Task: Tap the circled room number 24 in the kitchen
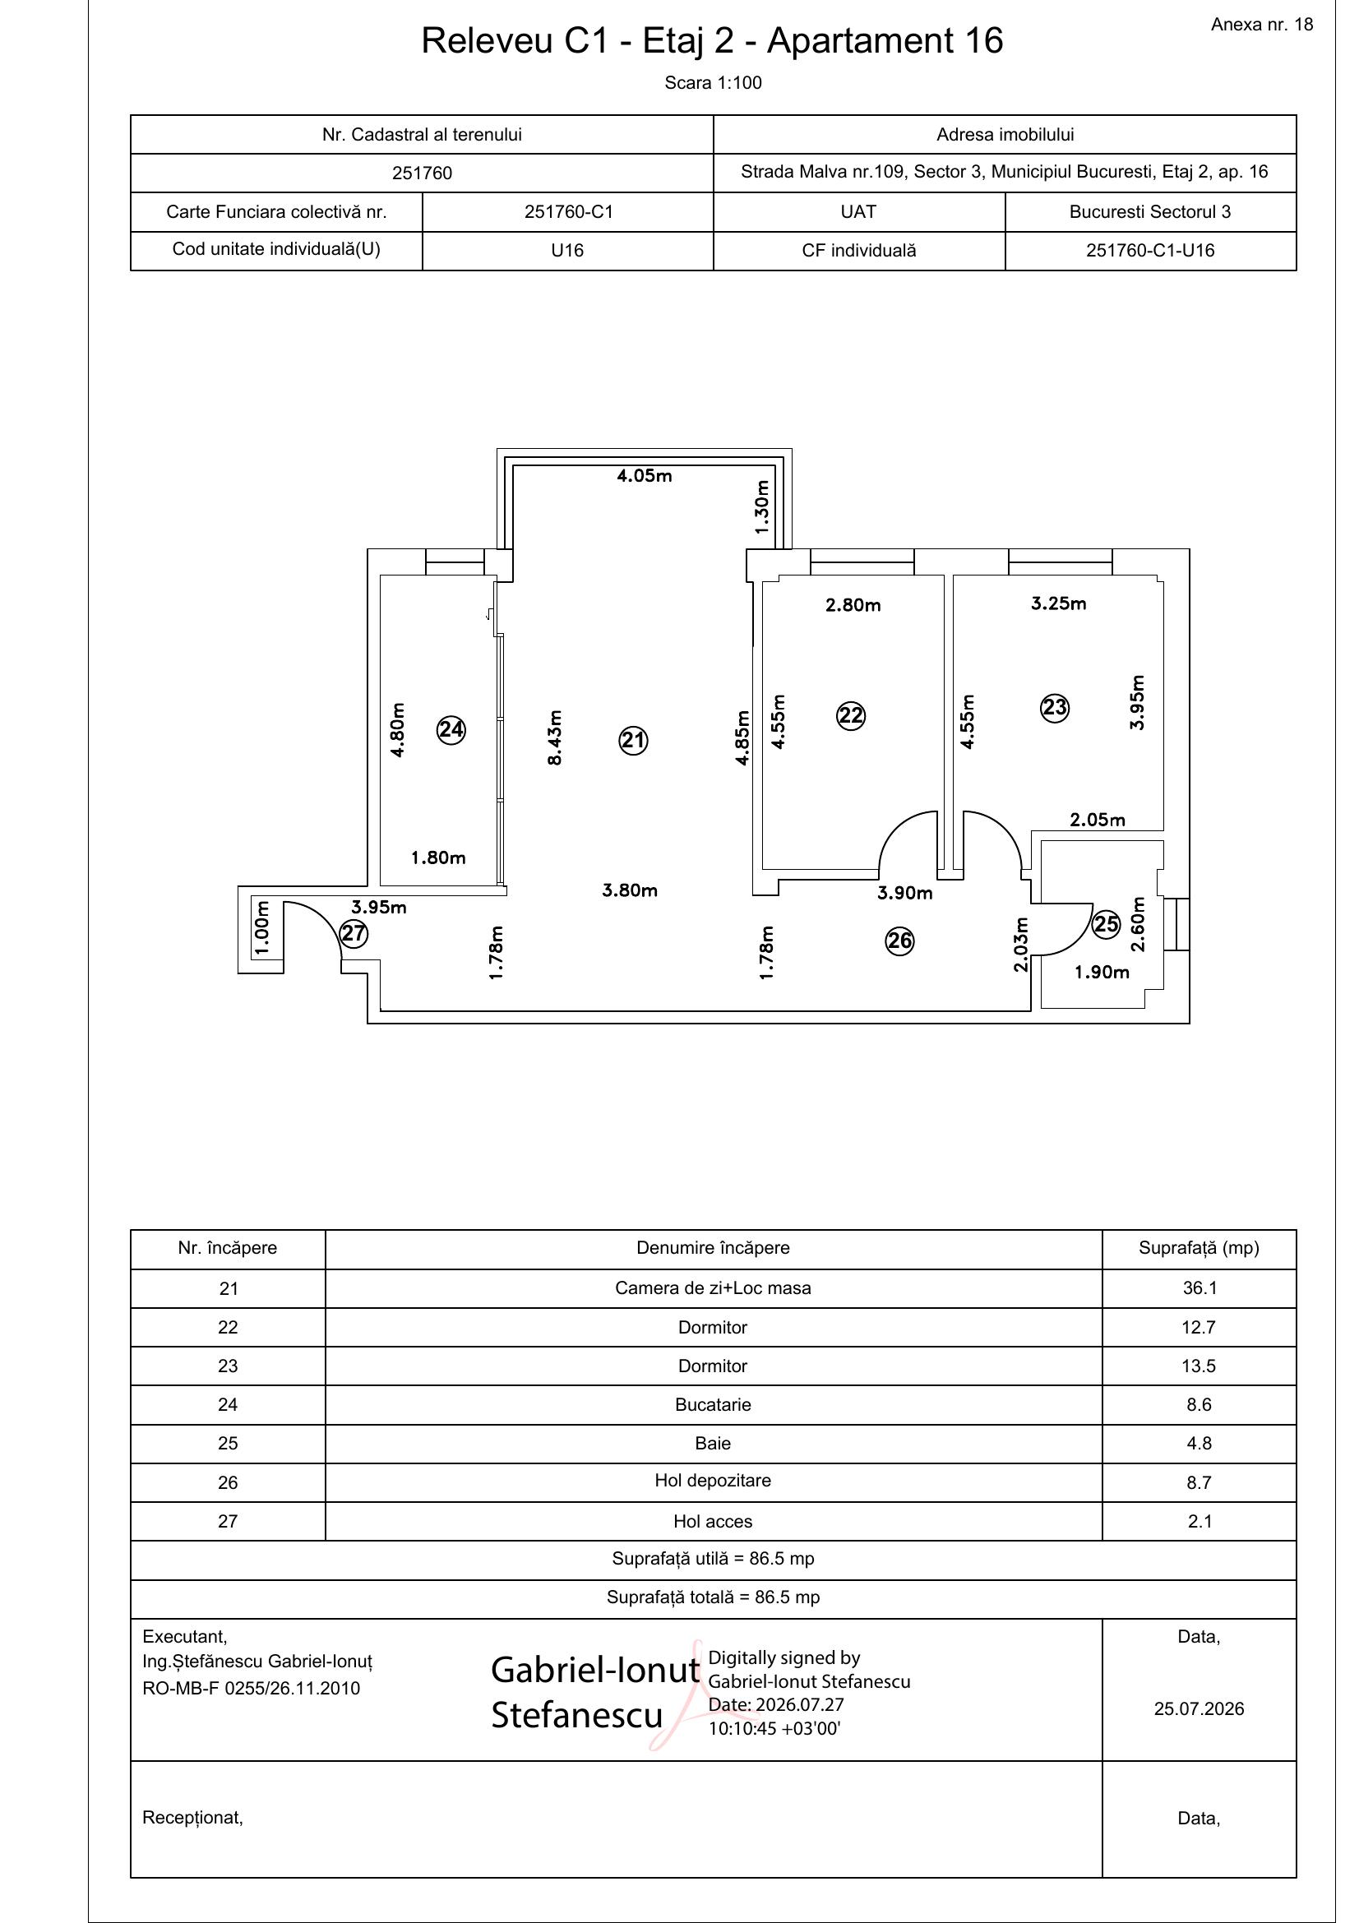(451, 729)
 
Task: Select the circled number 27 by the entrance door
(354, 933)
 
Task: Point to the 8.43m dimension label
(553, 737)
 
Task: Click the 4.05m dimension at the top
(644, 476)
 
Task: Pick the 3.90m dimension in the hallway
(904, 893)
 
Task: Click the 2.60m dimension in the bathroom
(1137, 925)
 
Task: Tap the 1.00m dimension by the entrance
(261, 927)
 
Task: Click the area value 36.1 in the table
(1199, 1288)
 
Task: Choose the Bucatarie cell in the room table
(713, 1404)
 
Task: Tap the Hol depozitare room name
(713, 1480)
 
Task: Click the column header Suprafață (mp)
(1198, 1248)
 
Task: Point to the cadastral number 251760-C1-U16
(1149, 251)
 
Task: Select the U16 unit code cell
(567, 251)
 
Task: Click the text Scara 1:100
(713, 83)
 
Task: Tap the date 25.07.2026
(1198, 1709)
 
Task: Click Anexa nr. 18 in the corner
(1261, 25)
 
